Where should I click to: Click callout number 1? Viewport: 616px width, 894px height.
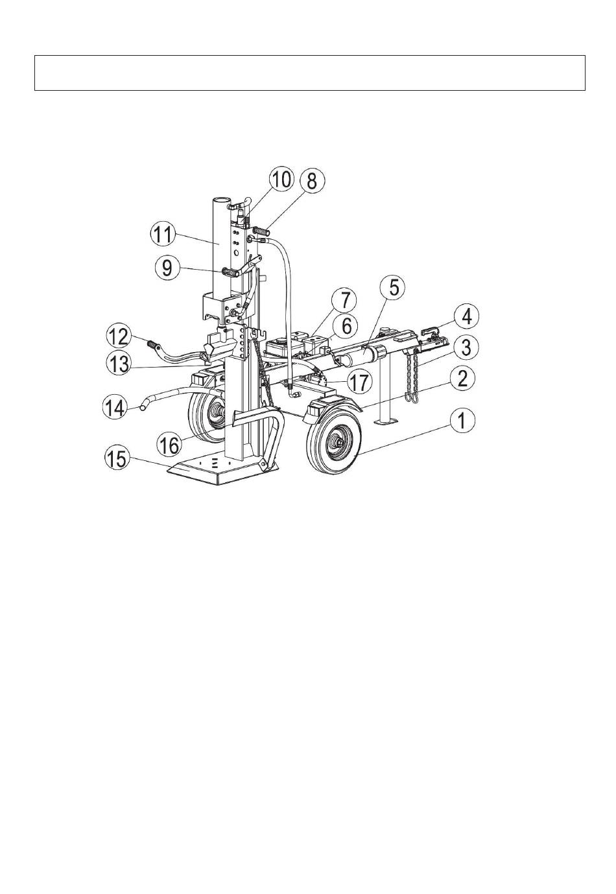(462, 421)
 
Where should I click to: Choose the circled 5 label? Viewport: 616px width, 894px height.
(393, 288)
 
